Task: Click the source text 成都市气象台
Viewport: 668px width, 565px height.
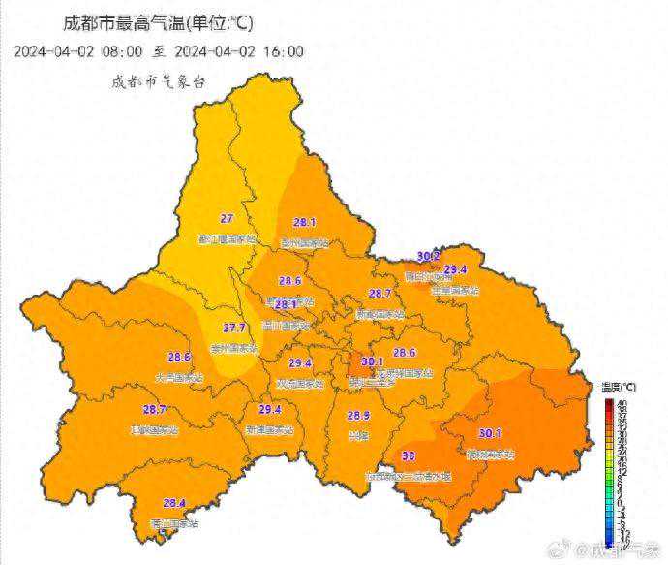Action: (x=158, y=82)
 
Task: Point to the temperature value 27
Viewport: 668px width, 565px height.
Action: (x=228, y=218)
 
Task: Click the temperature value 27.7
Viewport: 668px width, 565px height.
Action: (x=234, y=328)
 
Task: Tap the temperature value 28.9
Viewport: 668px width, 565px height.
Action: (x=358, y=415)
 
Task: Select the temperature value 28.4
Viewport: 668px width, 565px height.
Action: (x=174, y=502)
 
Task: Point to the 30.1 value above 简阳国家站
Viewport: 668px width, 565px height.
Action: (x=490, y=433)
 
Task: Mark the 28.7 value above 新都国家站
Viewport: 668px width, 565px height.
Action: (x=380, y=293)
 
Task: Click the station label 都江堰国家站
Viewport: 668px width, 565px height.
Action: (x=228, y=238)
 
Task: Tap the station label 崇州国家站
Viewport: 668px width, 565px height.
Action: (x=235, y=347)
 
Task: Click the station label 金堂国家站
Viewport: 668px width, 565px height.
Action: (x=455, y=289)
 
